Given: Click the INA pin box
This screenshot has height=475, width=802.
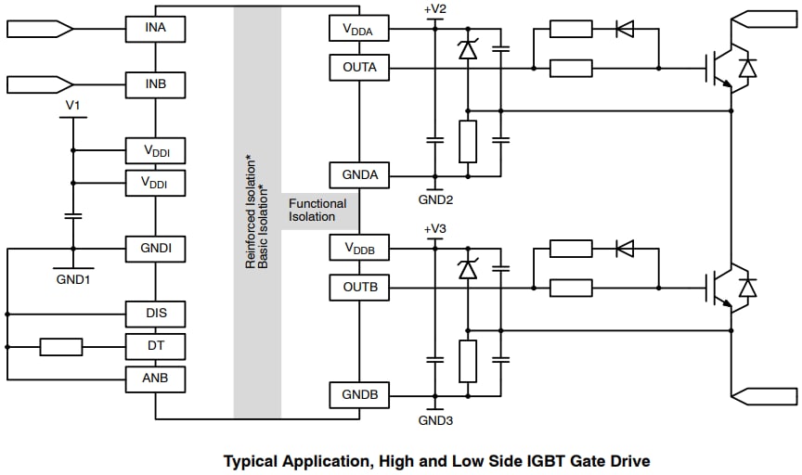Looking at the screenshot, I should (x=156, y=29).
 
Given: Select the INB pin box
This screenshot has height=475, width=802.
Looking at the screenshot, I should (x=156, y=84).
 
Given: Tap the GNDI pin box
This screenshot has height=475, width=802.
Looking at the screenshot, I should (x=156, y=249).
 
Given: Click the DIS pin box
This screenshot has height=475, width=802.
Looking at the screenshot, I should (x=156, y=314).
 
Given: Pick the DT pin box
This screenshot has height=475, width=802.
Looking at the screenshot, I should (x=156, y=347).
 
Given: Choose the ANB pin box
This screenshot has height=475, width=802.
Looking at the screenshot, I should (x=156, y=379).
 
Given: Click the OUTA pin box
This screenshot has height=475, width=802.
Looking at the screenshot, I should (x=359, y=68).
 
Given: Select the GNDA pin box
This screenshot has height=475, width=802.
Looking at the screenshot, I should (x=359, y=174).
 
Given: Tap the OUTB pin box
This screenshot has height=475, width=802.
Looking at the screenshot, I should (x=359, y=288).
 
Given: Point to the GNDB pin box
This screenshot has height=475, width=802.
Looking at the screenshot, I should (x=359, y=395).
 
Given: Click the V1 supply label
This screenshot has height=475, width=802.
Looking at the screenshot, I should (x=72, y=106).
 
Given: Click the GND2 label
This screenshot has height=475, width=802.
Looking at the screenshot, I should (x=434, y=199).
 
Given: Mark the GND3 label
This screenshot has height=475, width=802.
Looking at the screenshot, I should (x=434, y=420).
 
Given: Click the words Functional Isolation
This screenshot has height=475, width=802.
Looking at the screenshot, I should (x=317, y=211).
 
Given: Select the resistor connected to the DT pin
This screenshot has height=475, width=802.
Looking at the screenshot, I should (x=61, y=347).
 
